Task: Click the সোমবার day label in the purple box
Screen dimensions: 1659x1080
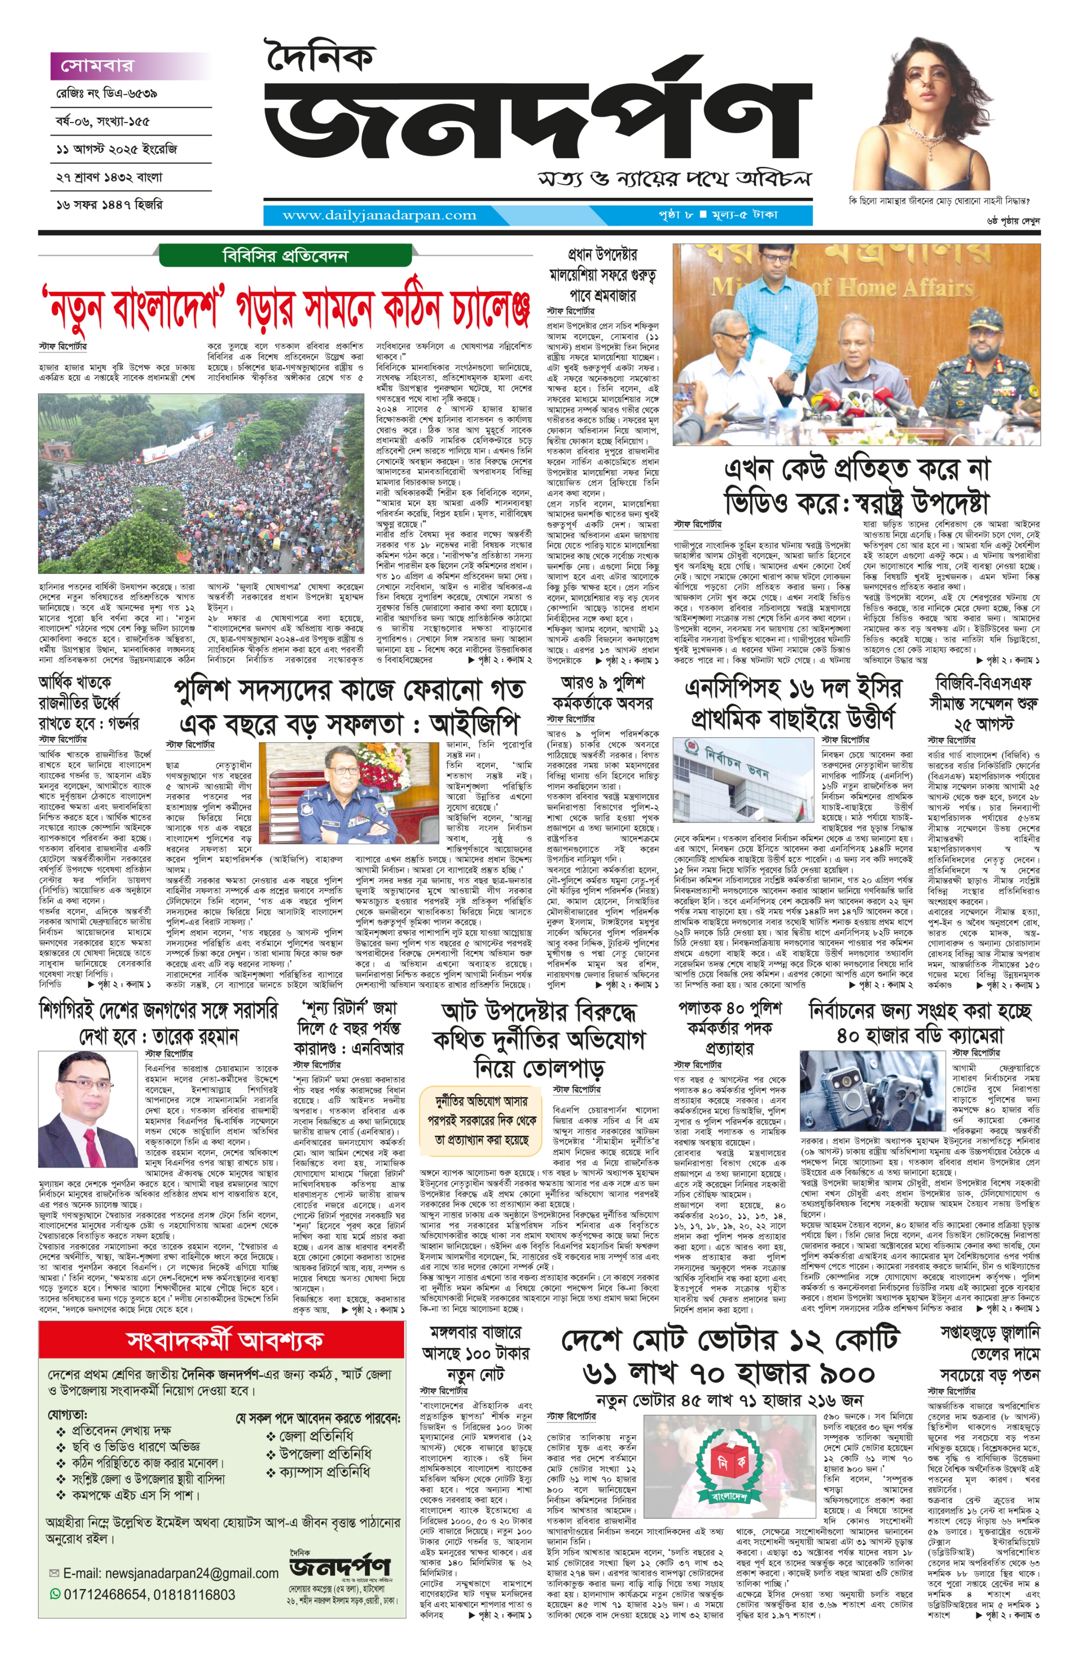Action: [98, 66]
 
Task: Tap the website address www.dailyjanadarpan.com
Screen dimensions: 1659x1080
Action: [379, 216]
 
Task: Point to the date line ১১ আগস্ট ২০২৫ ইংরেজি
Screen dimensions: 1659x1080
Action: [117, 149]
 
